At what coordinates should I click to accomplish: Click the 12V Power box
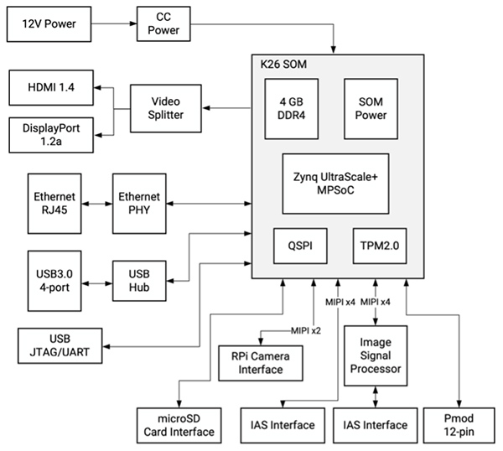48,23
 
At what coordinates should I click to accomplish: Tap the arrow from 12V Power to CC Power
111,23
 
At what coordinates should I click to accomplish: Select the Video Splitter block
166,108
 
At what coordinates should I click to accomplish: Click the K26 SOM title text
283,65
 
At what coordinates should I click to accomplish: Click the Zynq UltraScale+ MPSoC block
334,181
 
